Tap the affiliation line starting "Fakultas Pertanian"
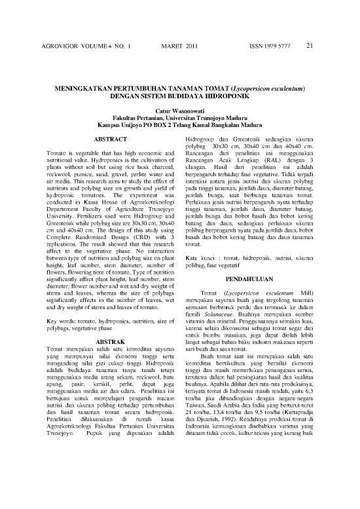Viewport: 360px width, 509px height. point(180,121)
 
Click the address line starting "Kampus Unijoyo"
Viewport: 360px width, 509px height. point(180,128)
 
